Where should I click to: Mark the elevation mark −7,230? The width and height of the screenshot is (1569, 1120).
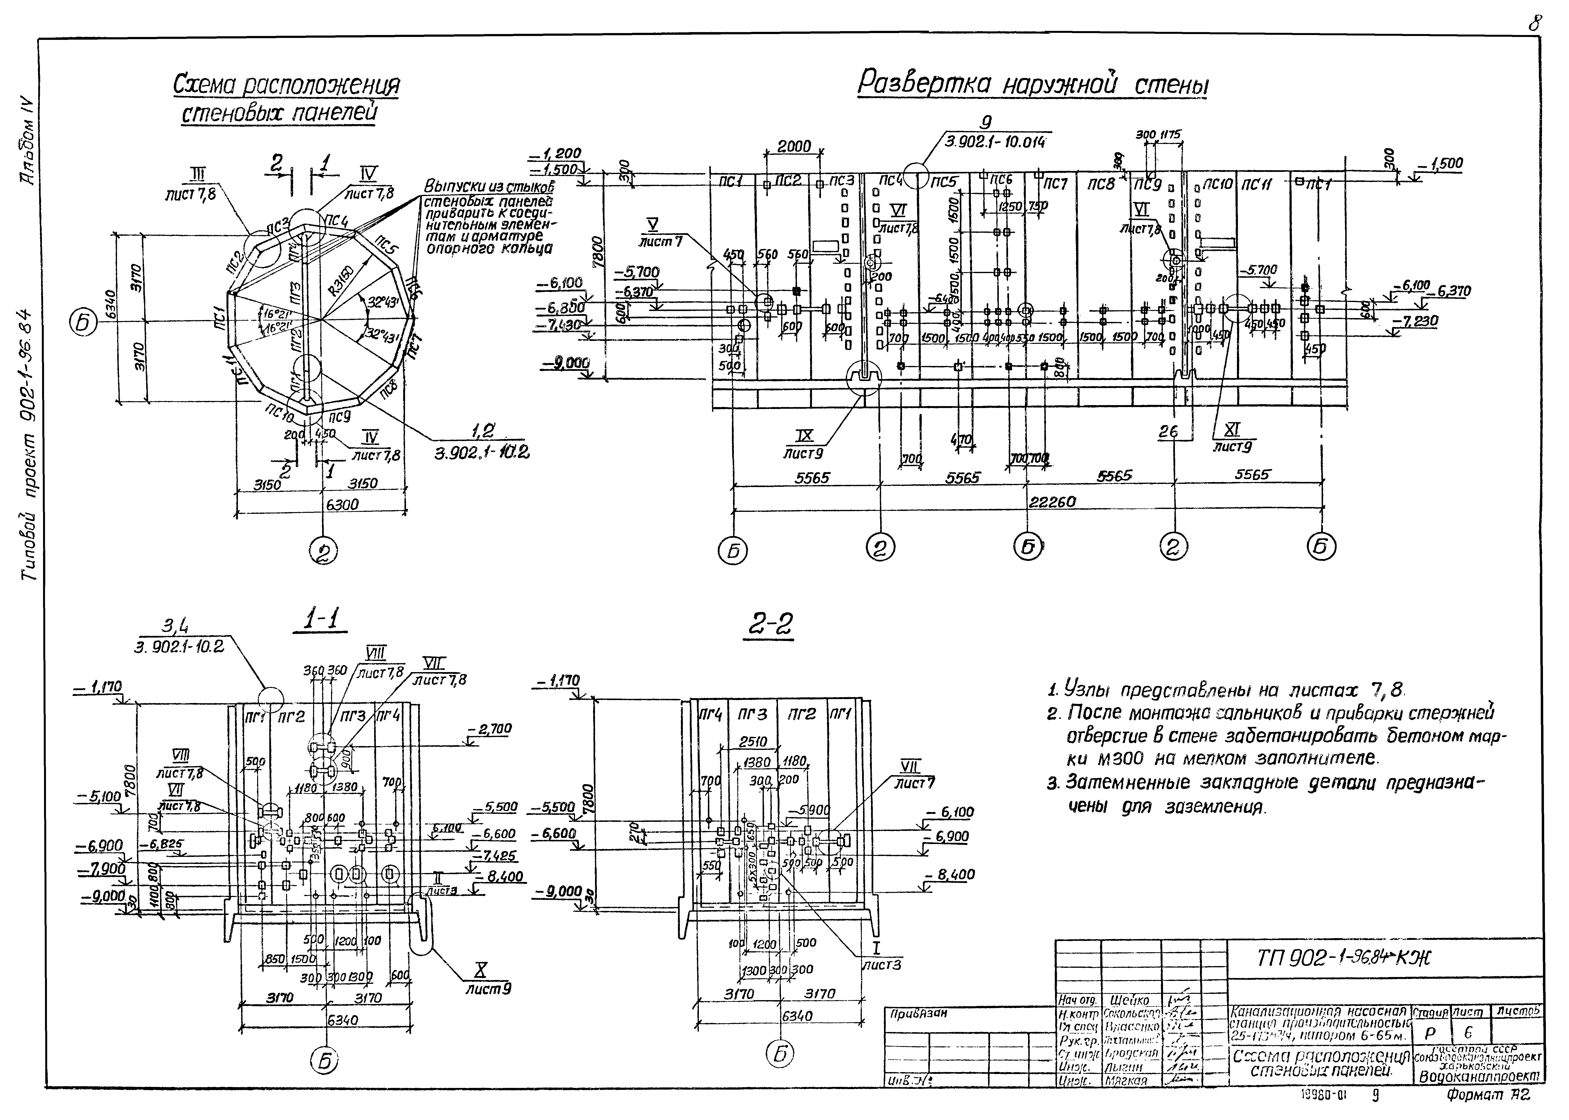click(1426, 321)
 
